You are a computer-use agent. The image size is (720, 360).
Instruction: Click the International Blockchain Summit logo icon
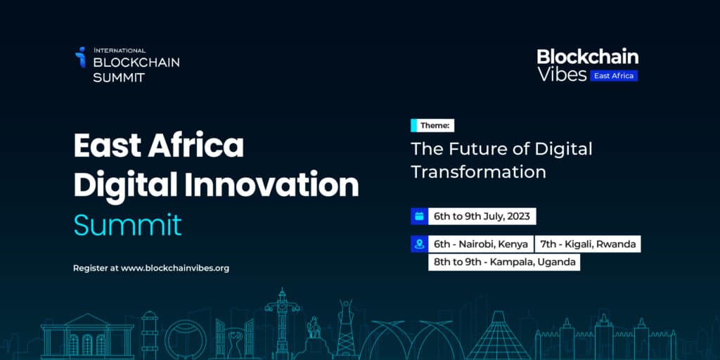81,57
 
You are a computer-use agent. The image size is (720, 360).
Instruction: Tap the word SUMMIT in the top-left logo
119,77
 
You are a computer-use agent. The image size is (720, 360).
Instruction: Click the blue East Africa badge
614,75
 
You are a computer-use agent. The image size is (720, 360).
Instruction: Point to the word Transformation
478,172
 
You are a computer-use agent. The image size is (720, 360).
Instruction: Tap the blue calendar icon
419,217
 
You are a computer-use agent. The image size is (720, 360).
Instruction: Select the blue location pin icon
419,245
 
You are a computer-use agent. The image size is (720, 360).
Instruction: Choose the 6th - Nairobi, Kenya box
480,245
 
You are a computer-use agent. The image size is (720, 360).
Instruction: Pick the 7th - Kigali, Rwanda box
588,245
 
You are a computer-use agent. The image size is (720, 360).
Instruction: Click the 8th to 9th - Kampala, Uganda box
504,262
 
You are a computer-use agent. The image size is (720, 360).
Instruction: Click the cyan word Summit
127,224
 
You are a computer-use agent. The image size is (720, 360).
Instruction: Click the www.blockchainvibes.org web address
175,268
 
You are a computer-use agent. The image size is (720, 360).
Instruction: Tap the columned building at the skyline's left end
77,336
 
